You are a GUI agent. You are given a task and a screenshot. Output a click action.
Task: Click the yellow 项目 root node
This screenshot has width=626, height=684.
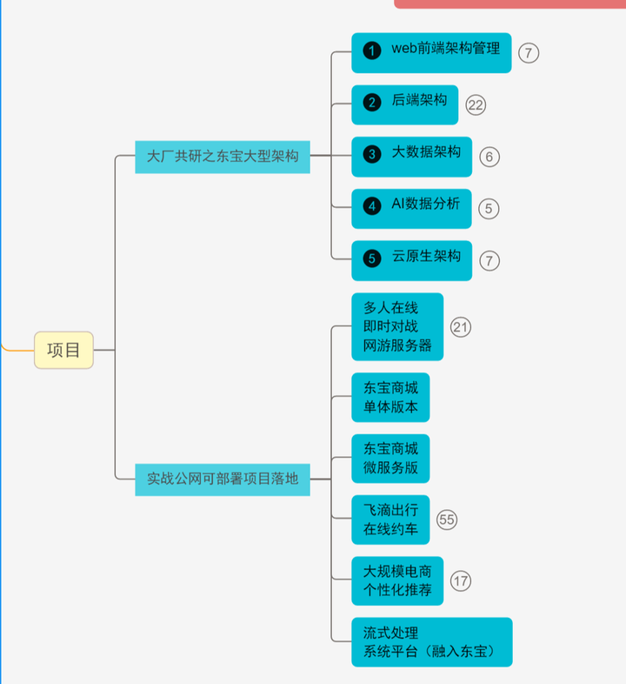63,350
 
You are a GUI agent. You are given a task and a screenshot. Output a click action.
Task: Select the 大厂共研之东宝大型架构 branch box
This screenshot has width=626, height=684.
223,157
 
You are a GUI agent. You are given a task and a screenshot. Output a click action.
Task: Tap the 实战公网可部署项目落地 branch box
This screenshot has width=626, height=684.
223,479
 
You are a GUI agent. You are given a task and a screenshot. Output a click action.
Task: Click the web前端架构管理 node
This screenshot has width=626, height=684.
431,52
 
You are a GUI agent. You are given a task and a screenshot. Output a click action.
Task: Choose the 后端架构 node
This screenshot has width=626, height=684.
404,104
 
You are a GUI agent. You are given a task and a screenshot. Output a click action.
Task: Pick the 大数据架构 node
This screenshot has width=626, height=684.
411,156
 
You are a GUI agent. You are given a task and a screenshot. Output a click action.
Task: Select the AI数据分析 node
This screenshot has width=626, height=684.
411,208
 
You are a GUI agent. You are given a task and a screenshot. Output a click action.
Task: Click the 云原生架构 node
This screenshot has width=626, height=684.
411,259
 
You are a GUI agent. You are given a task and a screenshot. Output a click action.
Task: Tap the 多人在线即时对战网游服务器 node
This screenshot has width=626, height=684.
397,326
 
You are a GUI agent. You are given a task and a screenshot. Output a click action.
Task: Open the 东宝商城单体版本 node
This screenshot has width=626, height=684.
390,397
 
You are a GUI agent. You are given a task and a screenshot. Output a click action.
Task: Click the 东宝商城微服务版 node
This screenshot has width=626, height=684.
390,459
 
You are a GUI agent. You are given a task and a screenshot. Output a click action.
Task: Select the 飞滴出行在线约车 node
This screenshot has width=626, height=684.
390,520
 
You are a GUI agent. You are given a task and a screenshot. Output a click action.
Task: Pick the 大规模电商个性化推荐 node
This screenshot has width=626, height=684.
397,580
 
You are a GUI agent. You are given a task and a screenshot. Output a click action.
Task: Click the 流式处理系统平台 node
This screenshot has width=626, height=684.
431,642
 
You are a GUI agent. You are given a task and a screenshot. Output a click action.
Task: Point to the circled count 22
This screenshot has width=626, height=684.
476,105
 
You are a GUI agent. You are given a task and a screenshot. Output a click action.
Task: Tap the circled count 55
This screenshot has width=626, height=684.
447,520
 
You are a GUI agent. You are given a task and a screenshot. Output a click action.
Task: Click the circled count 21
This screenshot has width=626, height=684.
461,326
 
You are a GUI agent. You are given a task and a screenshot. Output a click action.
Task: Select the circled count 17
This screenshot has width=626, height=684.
461,580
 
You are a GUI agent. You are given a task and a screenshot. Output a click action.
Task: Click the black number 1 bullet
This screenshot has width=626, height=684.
372,51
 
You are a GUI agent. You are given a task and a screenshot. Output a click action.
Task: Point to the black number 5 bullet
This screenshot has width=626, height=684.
372,258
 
